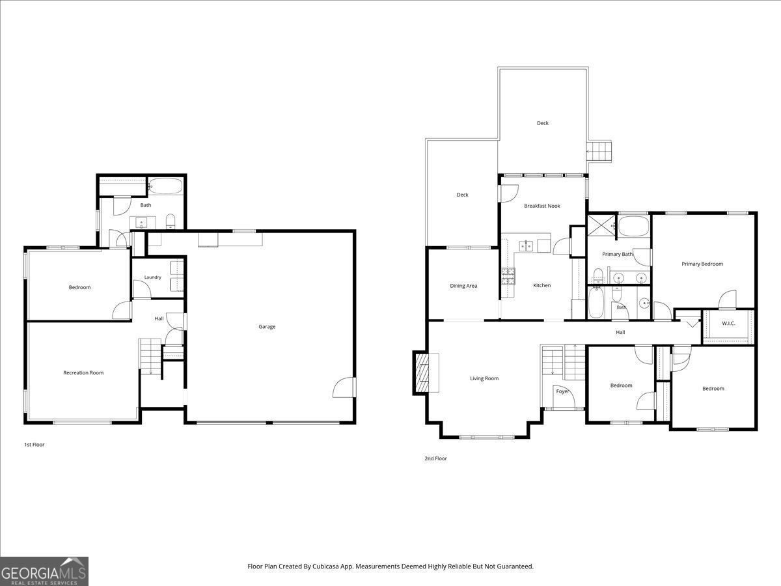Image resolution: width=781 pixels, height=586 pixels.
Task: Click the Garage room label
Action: (267, 327)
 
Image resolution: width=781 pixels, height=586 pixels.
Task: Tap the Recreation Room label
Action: (83, 372)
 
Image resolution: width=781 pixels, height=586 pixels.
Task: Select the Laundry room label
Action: (153, 277)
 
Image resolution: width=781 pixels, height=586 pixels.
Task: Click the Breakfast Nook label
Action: (542, 206)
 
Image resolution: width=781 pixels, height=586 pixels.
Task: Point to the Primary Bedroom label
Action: (702, 264)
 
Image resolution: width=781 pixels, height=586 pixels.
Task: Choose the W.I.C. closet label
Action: (728, 324)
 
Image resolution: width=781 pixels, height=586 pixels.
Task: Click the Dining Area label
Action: (463, 286)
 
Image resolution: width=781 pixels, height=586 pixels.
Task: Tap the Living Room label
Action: (484, 378)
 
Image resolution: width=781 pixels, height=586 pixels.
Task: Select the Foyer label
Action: (562, 391)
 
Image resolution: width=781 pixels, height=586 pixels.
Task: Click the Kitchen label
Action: (542, 285)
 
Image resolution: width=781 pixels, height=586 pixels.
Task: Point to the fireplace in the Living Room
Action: (426, 373)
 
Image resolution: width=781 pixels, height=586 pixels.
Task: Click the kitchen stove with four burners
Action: (508, 277)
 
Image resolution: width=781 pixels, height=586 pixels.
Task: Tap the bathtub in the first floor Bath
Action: (165, 186)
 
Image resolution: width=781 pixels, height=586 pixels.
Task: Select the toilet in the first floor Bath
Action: (171, 221)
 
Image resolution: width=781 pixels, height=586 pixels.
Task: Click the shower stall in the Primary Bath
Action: (601, 225)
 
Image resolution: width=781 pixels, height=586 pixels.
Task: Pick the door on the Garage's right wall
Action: (345, 387)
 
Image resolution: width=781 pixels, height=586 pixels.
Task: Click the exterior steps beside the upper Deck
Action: (599, 152)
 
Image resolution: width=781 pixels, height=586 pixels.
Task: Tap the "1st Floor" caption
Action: (34, 445)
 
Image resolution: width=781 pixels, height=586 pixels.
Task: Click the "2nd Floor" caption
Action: (435, 458)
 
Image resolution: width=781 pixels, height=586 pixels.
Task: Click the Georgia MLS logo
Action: (44, 571)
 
